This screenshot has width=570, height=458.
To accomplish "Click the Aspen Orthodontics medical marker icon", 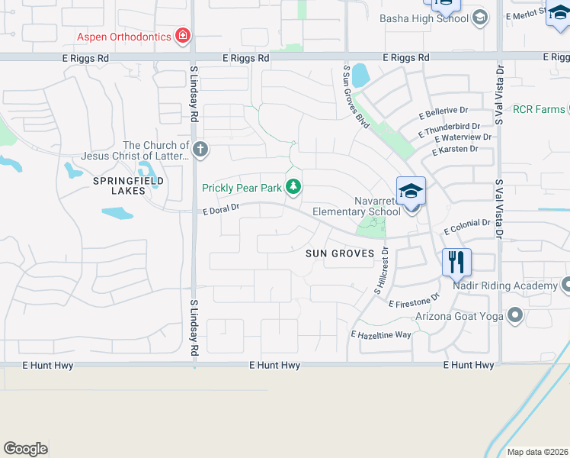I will click(183, 36).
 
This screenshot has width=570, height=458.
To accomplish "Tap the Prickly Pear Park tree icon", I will click(293, 187).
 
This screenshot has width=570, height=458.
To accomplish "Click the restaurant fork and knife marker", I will click(456, 263).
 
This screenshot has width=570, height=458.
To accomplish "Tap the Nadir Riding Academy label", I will click(505, 285).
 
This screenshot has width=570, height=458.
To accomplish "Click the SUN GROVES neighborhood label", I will click(341, 253).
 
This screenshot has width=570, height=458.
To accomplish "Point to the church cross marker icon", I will click(200, 149).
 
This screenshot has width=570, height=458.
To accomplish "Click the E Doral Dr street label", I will click(221, 208).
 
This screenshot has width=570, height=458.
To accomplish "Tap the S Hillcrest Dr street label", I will click(381, 271).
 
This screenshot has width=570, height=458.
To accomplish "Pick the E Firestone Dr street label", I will click(415, 300).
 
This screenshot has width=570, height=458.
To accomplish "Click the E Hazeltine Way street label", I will click(381, 334).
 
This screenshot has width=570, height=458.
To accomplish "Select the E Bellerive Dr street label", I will click(444, 112).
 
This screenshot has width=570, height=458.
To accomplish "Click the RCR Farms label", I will click(539, 110).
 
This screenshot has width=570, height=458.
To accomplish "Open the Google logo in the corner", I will click(25, 449).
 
